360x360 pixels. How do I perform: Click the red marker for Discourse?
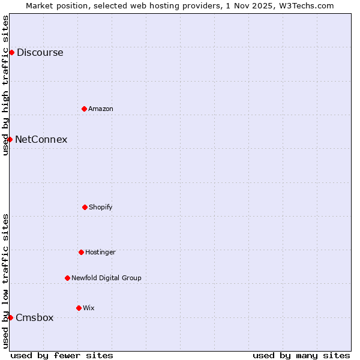tap(11, 52)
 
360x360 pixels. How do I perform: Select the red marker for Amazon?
tap(84, 109)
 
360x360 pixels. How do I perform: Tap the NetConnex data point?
tap(10, 139)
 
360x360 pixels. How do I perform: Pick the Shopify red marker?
tap(85, 207)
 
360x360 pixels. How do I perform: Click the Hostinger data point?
tap(81, 252)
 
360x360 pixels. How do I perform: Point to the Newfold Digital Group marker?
tap(67, 278)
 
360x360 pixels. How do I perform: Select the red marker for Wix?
tap(79, 308)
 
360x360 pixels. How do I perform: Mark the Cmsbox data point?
tap(10, 317)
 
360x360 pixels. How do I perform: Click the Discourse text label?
tap(40, 52)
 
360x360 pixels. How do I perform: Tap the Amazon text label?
tap(101, 109)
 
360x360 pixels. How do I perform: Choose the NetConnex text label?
tap(41, 139)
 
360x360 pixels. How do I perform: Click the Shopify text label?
tap(101, 207)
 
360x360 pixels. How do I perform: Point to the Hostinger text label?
tap(100, 252)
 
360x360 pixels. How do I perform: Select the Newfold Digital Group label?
tap(106, 278)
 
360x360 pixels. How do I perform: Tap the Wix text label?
tap(89, 308)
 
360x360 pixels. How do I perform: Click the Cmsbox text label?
tap(34, 317)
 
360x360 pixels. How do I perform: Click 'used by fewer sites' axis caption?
tap(62, 355)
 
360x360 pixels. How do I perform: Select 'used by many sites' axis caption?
tap(301, 355)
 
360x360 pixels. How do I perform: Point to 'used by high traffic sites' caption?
tap(5, 85)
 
